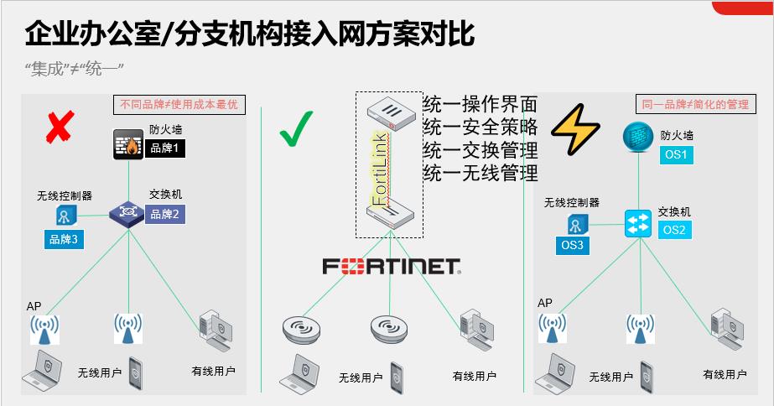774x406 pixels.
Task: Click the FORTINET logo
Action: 392,267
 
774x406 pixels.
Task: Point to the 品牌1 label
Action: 165,148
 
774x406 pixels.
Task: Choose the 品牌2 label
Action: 165,214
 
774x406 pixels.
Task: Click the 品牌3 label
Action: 65,240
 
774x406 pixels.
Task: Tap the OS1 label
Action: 676,155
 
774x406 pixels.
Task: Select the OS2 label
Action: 675,230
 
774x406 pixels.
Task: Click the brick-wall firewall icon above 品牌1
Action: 129,144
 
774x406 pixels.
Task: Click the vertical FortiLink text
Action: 379,168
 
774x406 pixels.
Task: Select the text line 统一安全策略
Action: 481,128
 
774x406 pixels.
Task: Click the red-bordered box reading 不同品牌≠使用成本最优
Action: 180,105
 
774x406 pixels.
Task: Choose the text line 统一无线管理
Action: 481,174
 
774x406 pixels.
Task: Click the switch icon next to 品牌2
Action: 127,212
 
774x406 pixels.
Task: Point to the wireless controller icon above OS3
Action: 576,224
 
